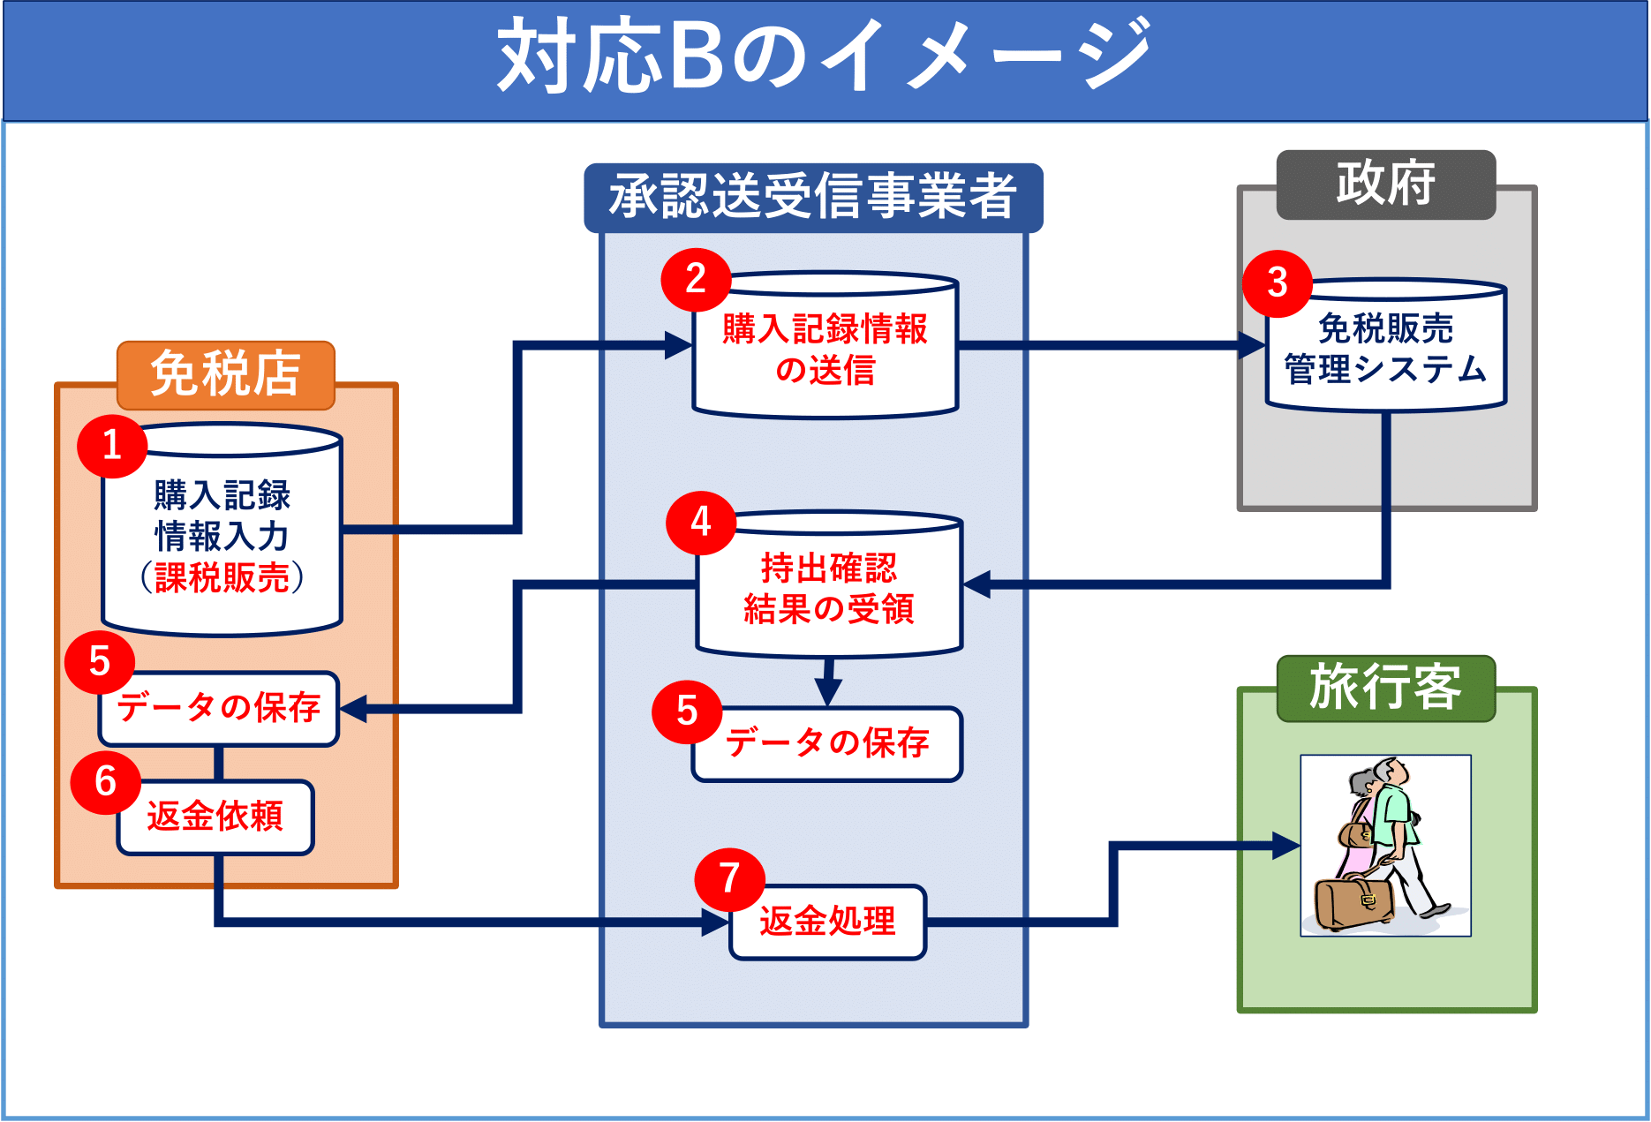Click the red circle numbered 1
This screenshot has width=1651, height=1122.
[x=112, y=446]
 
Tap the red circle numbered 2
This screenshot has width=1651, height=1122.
[x=696, y=280]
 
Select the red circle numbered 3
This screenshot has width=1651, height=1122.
[x=1277, y=283]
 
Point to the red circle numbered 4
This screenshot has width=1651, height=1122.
[x=701, y=523]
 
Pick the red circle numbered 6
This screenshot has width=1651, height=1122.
[x=106, y=782]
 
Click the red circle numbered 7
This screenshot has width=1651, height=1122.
[x=729, y=879]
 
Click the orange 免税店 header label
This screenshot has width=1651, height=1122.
[x=226, y=374]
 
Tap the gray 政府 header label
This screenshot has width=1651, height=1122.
[x=1385, y=184]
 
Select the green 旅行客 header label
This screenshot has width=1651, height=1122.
[x=1385, y=688]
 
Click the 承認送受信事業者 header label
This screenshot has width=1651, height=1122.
[x=813, y=197]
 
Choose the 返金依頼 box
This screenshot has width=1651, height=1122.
[x=216, y=817]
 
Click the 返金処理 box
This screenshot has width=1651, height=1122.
[x=828, y=922]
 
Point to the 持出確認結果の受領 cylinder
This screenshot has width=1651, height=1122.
[x=829, y=588]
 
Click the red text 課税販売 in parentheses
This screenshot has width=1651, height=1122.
[x=222, y=578]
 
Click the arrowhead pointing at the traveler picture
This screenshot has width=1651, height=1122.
[x=1285, y=846]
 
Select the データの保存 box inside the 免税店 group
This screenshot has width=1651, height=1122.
[x=219, y=708]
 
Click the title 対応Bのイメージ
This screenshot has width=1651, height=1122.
[x=825, y=56]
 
